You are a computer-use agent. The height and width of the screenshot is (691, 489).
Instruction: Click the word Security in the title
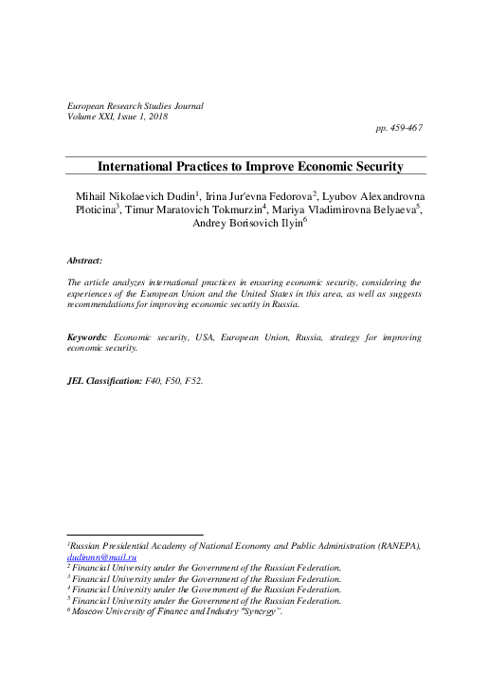click(372, 167)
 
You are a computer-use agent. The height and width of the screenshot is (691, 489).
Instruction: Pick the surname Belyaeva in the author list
click(390, 210)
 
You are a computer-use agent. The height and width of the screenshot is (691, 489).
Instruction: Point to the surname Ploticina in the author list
click(88, 210)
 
